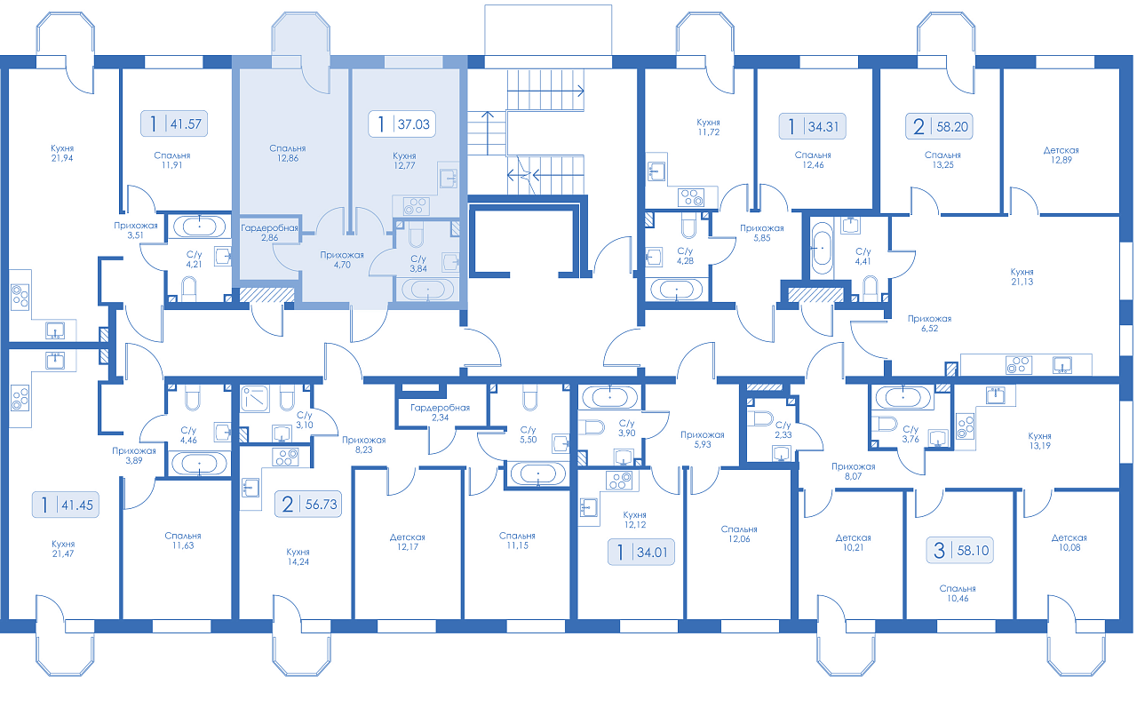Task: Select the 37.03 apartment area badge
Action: pos(402,123)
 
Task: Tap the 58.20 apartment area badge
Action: pos(939,126)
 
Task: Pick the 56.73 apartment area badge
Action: pos(308,504)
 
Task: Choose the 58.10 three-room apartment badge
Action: pos(960,550)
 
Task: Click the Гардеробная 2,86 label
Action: pos(269,233)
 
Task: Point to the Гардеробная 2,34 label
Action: pos(440,412)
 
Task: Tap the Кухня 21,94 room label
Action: pos(62,153)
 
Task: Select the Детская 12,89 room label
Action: pos(1061,155)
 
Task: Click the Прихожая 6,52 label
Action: pos(929,323)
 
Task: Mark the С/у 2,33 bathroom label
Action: pos(783,429)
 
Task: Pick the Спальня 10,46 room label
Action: pos(958,593)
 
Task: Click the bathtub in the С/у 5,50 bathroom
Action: pos(537,473)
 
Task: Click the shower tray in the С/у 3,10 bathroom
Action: pos(255,399)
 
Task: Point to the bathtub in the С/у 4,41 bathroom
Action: pos(822,248)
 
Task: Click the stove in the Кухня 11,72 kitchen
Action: pos(691,197)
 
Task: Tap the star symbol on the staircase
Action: pos(524,175)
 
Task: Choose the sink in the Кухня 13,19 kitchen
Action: pos(995,394)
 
